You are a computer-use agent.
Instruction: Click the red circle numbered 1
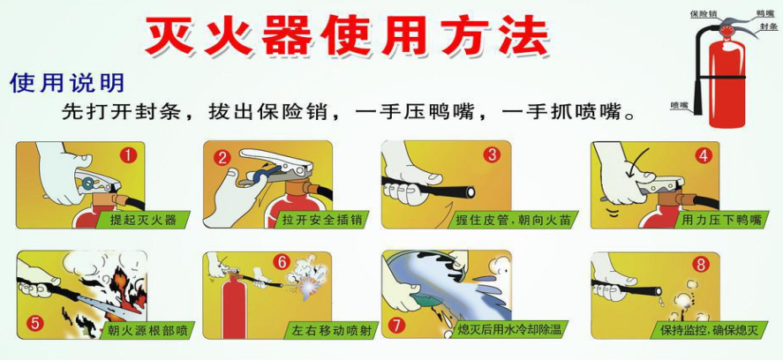(x=128, y=156)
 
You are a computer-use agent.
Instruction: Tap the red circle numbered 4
(x=704, y=156)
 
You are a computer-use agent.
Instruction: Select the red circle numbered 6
(x=282, y=262)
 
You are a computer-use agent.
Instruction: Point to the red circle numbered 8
(x=702, y=264)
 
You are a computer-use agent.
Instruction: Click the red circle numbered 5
(x=35, y=324)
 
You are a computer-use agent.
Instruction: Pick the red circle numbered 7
(x=396, y=326)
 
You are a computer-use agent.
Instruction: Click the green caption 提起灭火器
(x=142, y=220)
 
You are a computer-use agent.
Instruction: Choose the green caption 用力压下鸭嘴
(x=720, y=220)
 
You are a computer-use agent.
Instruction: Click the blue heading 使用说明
(x=66, y=83)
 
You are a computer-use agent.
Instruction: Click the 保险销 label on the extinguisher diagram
(x=704, y=13)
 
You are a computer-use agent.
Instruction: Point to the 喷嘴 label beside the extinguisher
(x=680, y=105)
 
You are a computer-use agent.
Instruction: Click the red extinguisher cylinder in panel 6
(x=234, y=306)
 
